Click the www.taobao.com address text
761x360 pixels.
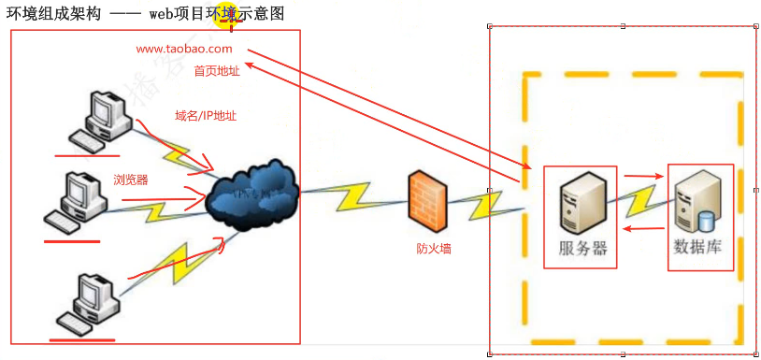click(x=183, y=49)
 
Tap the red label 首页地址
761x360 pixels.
click(x=217, y=71)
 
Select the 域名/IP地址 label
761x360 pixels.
click(x=206, y=117)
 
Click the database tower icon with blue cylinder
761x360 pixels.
click(x=697, y=202)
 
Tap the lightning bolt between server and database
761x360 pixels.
click(x=644, y=201)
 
